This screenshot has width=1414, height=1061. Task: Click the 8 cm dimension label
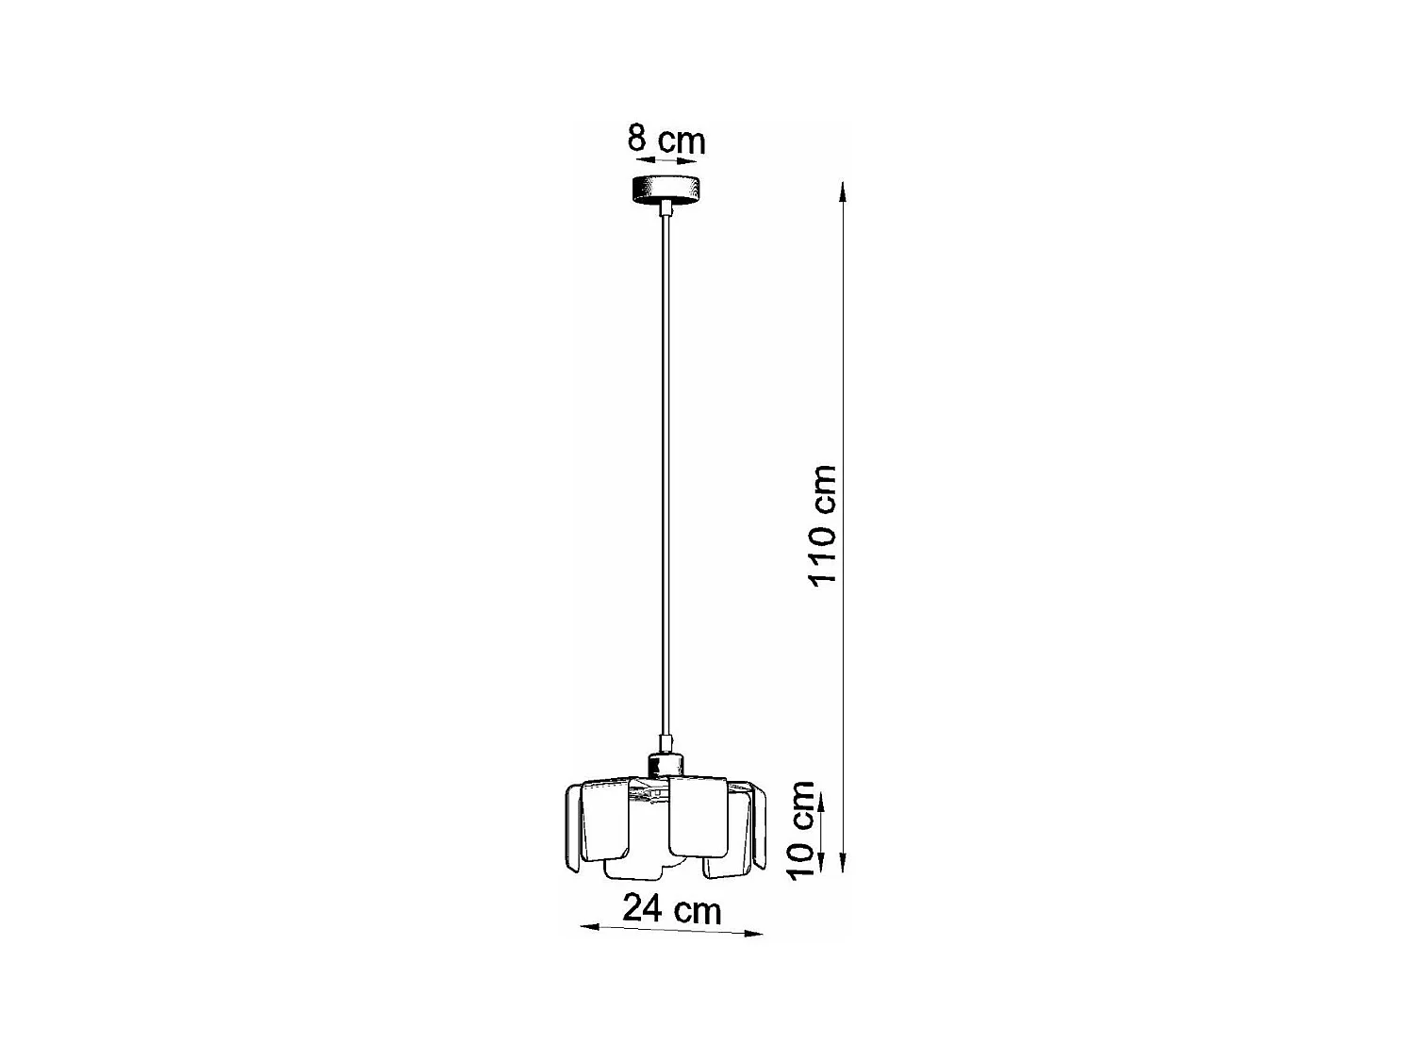pos(666,141)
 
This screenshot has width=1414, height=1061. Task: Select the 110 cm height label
pos(822,524)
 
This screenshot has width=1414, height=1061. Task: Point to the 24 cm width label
pos(671,909)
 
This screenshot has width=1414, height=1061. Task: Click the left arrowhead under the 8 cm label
pos(641,160)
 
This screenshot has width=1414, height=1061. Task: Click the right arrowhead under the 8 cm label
pos(691,161)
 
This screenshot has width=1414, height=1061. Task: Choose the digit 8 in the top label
pos(637,139)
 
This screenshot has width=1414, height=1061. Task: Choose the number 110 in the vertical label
pos(822,552)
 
